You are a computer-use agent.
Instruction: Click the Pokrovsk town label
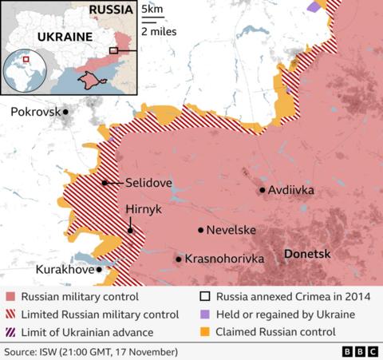pyautogui.click(x=35, y=113)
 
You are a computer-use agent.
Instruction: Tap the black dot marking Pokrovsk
pyautogui.click(x=65, y=113)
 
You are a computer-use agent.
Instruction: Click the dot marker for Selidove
pyautogui.click(x=105, y=183)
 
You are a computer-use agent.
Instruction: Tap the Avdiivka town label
pyautogui.click(x=291, y=190)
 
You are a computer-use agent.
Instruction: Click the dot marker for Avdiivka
pyautogui.click(x=262, y=190)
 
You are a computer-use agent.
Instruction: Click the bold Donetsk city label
pyautogui.click(x=306, y=254)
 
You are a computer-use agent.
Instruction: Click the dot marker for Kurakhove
pyautogui.click(x=99, y=270)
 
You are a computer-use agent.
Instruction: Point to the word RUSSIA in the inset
pyautogui.click(x=111, y=10)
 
